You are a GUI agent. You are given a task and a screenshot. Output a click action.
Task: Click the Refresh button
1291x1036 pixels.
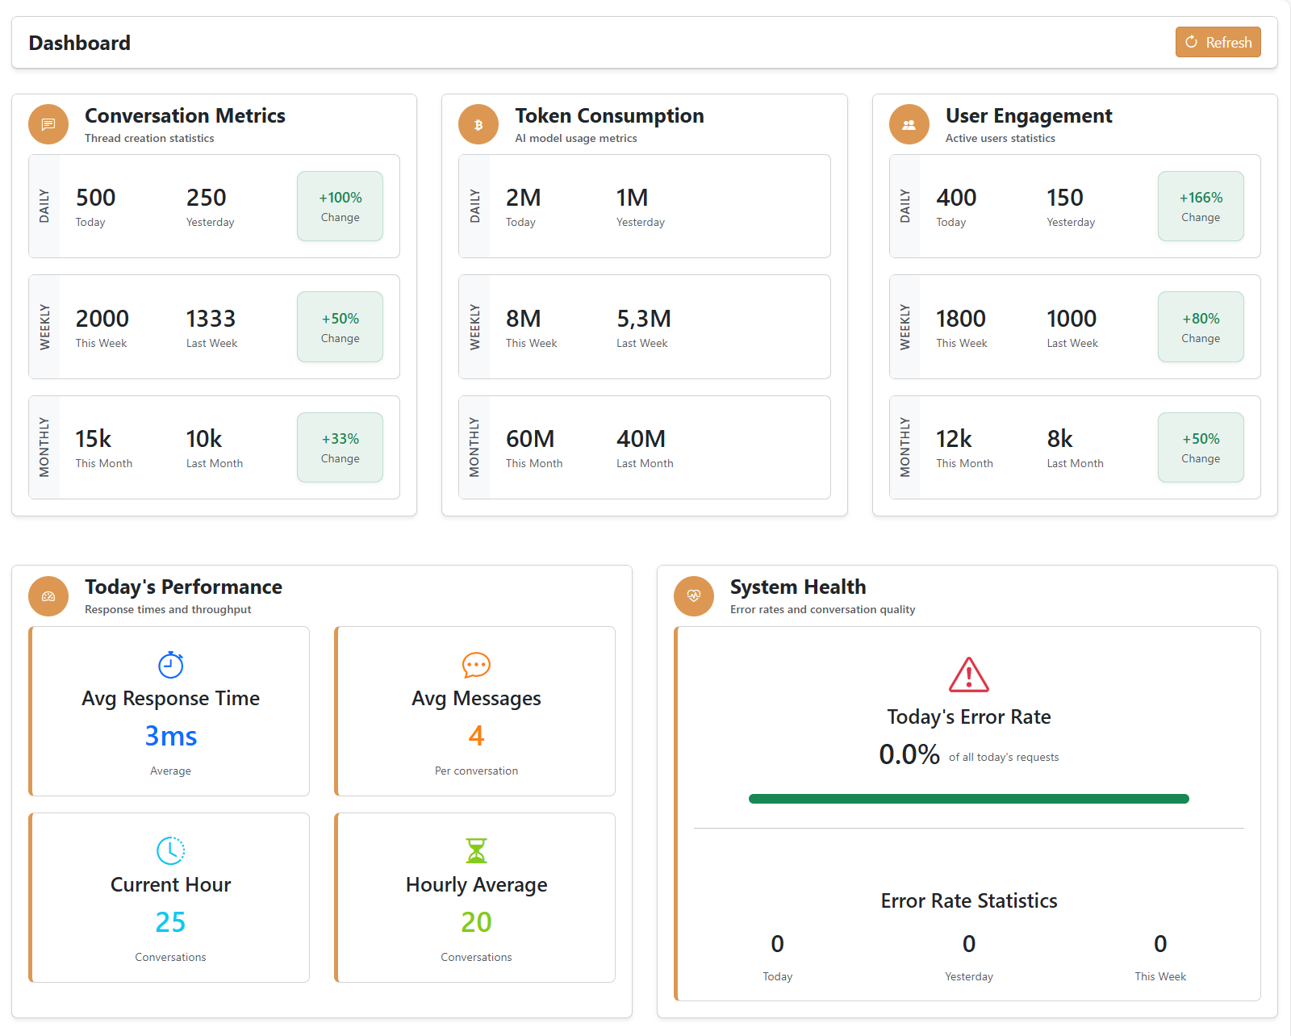coord(1218,43)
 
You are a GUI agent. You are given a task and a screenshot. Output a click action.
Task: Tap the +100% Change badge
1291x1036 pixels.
coord(340,206)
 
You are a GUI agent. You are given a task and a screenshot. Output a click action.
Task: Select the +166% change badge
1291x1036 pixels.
coord(1200,206)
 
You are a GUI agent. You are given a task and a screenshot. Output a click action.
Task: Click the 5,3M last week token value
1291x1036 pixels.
coord(643,319)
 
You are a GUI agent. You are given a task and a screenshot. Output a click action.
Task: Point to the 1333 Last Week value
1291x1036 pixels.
coord(211,319)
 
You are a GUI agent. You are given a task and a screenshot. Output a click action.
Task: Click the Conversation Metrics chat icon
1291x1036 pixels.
coord(48,124)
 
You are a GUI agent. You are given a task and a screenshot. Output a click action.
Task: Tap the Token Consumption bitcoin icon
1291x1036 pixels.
coord(478,124)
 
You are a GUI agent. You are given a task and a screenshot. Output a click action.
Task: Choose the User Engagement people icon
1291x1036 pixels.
coord(909,124)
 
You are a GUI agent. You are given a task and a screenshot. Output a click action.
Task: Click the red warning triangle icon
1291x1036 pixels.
coord(968,675)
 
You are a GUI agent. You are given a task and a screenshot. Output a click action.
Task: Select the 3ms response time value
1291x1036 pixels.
coord(170,736)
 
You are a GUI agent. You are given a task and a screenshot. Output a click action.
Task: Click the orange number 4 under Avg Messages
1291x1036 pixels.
coord(476,736)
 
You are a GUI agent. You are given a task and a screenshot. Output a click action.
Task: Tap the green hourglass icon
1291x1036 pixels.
coord(476,850)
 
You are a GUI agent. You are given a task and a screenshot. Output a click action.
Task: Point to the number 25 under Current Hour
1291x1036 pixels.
coord(170,922)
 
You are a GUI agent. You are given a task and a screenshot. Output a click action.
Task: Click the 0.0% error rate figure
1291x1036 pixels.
coord(909,754)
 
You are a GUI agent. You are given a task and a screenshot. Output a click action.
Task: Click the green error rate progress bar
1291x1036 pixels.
coord(968,799)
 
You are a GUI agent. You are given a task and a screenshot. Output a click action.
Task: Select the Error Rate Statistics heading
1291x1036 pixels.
coord(968,900)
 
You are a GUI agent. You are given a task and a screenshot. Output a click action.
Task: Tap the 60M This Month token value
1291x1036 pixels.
coord(529,439)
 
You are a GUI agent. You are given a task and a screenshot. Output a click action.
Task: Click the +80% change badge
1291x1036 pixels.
coord(1200,327)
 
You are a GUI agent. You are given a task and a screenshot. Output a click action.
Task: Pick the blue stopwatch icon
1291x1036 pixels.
coord(170,665)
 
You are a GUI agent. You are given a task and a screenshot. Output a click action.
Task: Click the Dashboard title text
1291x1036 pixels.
coord(79,43)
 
